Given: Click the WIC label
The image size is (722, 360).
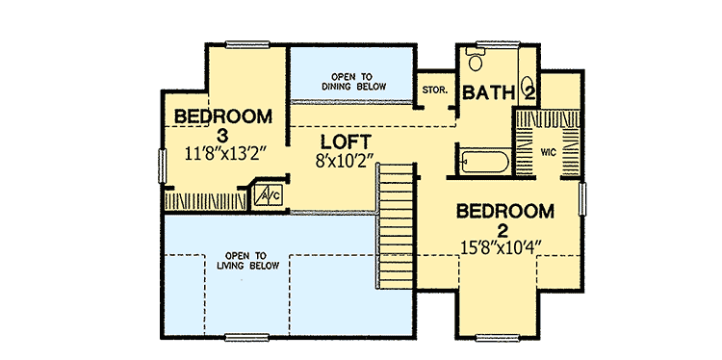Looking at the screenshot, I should click(x=548, y=152).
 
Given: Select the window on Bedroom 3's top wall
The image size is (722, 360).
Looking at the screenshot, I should click(x=248, y=42).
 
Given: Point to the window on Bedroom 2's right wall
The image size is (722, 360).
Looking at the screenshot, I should click(x=582, y=205).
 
